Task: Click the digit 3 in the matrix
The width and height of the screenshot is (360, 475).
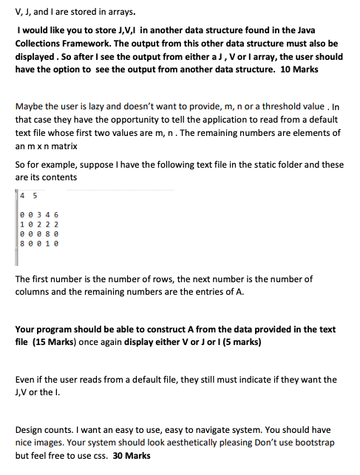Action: click(x=41, y=213)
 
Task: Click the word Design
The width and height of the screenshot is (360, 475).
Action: click(x=30, y=429)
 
